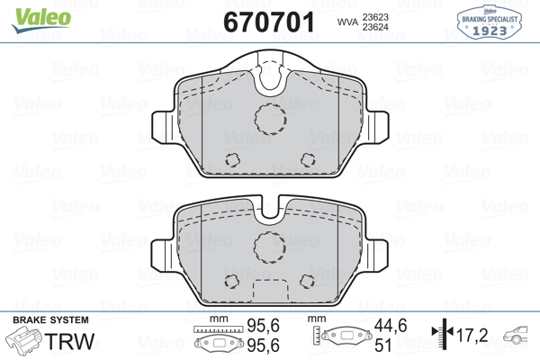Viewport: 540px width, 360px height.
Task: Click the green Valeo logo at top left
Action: [41, 20]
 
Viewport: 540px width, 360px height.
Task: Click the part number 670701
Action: [269, 22]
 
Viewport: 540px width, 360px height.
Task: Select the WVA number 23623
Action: [375, 17]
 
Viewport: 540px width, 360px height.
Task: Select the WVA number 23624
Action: [375, 27]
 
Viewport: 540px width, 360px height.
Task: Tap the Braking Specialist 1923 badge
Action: [490, 22]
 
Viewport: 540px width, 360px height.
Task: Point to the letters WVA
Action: [347, 22]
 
